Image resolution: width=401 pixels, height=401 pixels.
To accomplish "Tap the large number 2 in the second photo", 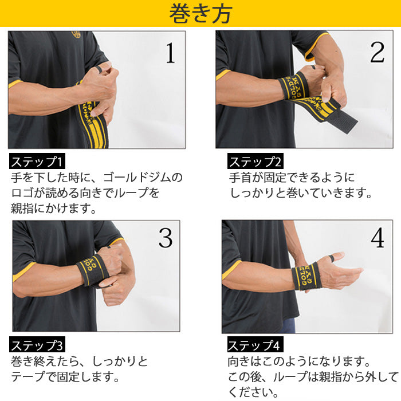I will [x=376, y=52].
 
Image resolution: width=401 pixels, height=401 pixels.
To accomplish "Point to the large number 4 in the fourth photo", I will [x=377, y=238].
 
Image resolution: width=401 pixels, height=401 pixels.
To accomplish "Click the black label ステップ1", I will [x=38, y=160].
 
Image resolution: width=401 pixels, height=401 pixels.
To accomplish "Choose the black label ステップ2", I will [x=255, y=161].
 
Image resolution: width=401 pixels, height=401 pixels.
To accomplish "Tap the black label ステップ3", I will [x=38, y=345].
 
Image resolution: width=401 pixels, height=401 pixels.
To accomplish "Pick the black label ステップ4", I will [x=255, y=345].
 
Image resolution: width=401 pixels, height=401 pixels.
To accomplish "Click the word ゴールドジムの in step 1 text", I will [x=146, y=177].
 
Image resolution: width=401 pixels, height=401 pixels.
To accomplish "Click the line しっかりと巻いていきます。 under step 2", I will [x=301, y=193].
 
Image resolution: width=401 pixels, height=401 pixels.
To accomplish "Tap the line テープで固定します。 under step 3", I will [x=65, y=378].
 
